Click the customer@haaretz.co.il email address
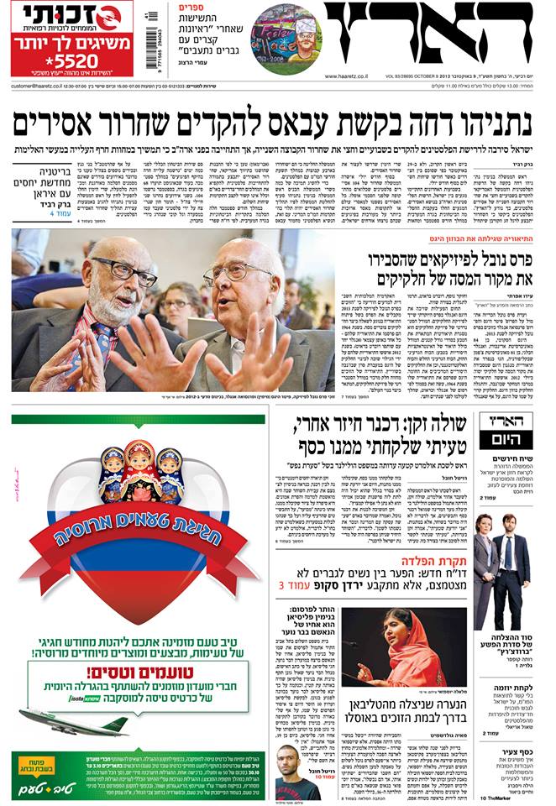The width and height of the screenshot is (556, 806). coord(43,86)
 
